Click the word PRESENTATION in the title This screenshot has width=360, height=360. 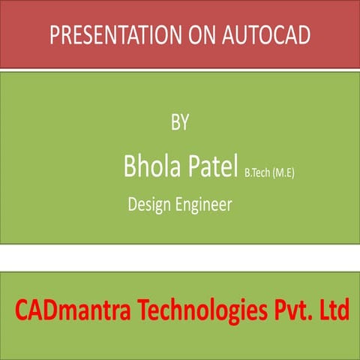pyautogui.click(x=109, y=35)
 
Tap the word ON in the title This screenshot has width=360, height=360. pyautogui.click(x=195, y=35)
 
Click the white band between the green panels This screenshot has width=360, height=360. pyautogui.click(x=180, y=258)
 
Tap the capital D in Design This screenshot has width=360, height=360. pyautogui.click(x=133, y=203)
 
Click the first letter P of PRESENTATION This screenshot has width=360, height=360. pyautogui.click(x=54, y=35)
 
